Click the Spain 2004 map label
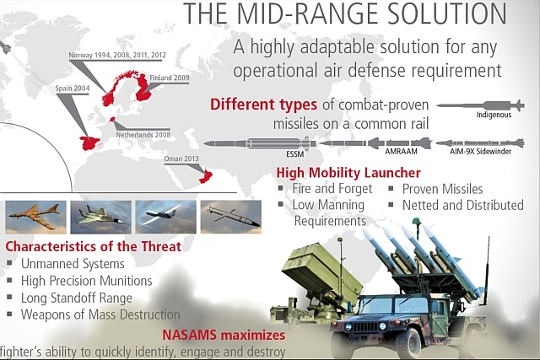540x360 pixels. [x=73, y=89]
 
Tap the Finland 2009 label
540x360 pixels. [x=170, y=78]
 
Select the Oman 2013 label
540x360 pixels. [x=181, y=159]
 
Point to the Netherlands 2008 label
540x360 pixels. [x=143, y=135]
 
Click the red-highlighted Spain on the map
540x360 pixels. [x=89, y=142]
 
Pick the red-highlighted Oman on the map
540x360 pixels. [x=206, y=176]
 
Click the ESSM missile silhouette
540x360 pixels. [x=260, y=143]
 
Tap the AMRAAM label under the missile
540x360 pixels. [x=402, y=151]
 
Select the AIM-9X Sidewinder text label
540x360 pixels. [x=480, y=151]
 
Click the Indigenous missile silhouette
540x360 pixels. [x=481, y=105]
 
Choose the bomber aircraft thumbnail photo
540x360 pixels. [x=35, y=218]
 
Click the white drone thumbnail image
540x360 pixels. [x=165, y=218]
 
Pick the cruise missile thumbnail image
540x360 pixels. [x=230, y=218]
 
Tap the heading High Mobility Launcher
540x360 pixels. [x=348, y=173]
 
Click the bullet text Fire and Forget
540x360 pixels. [x=332, y=189]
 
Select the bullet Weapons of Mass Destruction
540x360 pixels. [x=100, y=314]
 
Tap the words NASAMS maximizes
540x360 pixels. [x=224, y=335]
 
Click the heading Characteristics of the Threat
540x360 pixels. [x=94, y=246]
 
